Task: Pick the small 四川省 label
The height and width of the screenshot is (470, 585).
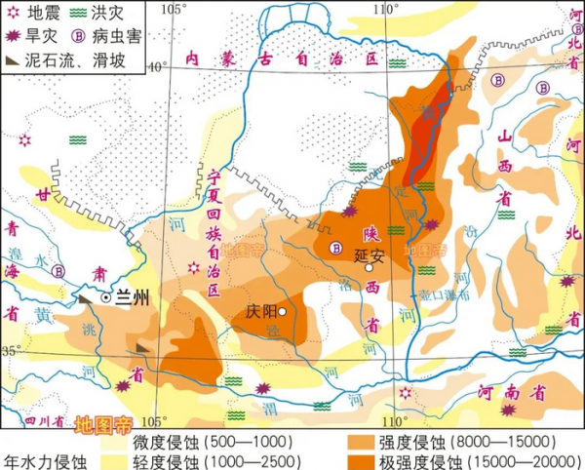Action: click(x=43, y=421)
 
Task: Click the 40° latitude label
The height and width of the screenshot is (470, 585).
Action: click(x=156, y=66)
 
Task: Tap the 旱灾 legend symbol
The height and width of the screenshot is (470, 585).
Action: click(x=12, y=36)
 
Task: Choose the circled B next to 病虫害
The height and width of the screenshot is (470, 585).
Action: click(x=80, y=36)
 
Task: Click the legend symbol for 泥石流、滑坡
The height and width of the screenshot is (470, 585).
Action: click(x=14, y=59)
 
